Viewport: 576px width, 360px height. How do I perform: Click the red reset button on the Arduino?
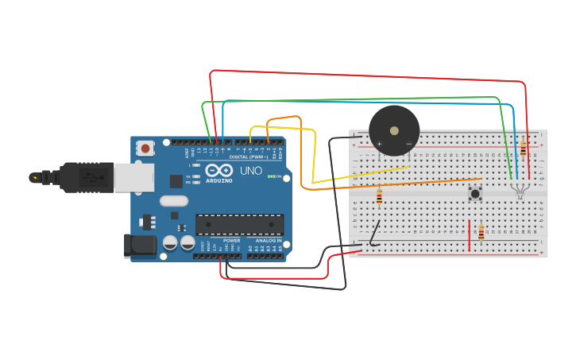tap(145, 148)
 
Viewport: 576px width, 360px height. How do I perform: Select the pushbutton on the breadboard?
tap(475, 192)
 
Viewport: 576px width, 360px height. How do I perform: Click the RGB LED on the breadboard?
tap(520, 188)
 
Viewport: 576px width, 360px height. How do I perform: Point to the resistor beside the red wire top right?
tap(523, 148)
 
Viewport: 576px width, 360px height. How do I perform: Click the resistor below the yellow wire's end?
tap(379, 196)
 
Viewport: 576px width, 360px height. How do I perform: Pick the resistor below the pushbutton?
tap(481, 232)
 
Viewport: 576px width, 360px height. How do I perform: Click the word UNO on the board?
tap(251, 170)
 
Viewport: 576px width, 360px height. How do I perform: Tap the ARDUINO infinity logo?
tap(218, 171)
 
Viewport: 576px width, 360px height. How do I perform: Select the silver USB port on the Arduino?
tap(133, 178)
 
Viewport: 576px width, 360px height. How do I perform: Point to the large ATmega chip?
tap(239, 224)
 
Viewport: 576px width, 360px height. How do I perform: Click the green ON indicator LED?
tap(271, 176)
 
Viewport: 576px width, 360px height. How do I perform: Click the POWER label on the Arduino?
tap(231, 240)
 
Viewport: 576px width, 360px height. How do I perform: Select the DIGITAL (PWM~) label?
tap(249, 157)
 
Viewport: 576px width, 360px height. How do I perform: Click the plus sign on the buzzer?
tap(379, 144)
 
